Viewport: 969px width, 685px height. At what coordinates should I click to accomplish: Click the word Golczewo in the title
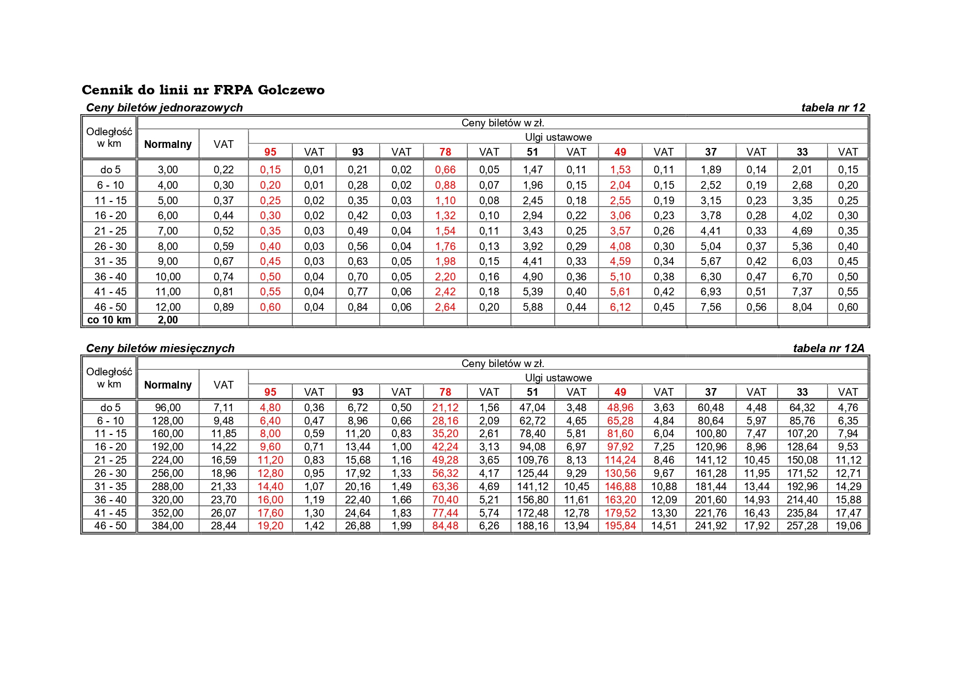click(x=291, y=90)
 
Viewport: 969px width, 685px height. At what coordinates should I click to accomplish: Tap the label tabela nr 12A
click(x=828, y=348)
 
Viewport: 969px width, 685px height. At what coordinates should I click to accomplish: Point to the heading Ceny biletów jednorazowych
click(x=165, y=108)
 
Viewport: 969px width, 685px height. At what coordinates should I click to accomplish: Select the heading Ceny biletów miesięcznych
click(x=160, y=348)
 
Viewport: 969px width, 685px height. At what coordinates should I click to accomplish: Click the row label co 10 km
click(x=109, y=320)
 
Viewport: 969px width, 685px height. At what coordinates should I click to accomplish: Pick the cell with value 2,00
click(x=168, y=320)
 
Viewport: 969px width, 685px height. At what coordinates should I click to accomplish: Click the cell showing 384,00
click(x=168, y=526)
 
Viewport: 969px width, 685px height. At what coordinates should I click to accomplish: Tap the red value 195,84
click(x=620, y=526)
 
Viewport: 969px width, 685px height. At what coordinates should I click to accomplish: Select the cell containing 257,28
click(x=802, y=526)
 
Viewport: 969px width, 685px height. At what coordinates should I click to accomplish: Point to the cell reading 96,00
click(x=168, y=408)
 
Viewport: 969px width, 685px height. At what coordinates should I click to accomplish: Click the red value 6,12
click(x=620, y=307)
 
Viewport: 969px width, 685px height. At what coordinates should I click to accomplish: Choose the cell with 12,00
click(x=168, y=307)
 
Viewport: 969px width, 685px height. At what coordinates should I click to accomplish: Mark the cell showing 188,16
click(x=532, y=526)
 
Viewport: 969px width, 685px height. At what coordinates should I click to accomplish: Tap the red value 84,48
click(x=445, y=526)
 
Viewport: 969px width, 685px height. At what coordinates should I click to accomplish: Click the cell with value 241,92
click(x=711, y=526)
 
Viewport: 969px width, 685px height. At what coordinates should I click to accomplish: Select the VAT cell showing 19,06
click(x=848, y=526)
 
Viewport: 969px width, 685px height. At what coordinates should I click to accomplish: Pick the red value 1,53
click(x=620, y=170)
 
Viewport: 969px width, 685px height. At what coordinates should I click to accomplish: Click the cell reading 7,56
click(x=711, y=307)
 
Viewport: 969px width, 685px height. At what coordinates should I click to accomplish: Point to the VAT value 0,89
click(x=224, y=307)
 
